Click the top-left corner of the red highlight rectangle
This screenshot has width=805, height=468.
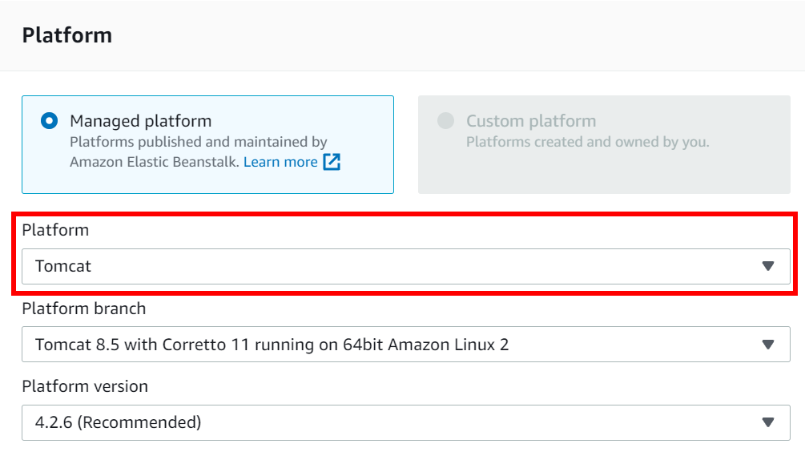click(x=12, y=212)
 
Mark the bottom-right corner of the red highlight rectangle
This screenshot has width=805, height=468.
click(x=797, y=295)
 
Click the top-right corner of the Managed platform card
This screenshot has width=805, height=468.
click(x=394, y=95)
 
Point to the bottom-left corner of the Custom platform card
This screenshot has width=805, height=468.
click(x=418, y=194)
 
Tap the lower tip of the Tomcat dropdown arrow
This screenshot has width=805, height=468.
click(x=768, y=271)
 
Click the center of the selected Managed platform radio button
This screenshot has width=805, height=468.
click(x=50, y=121)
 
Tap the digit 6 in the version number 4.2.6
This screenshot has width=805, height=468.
click(x=68, y=422)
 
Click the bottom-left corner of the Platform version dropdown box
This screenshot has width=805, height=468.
click(x=22, y=440)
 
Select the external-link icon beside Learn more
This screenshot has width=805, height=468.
click(x=332, y=162)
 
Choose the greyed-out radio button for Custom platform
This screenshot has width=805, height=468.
click(x=445, y=121)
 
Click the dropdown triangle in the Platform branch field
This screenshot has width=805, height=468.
click(x=768, y=345)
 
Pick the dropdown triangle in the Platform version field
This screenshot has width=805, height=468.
click(x=768, y=422)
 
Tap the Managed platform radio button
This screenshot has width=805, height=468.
click(x=50, y=121)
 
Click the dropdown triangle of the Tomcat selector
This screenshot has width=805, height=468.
click(x=768, y=266)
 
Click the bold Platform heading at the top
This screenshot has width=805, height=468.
click(x=66, y=35)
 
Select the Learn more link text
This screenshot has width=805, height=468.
click(x=280, y=162)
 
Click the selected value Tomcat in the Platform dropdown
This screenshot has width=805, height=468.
click(x=63, y=266)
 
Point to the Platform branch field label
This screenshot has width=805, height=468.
click(x=83, y=309)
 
